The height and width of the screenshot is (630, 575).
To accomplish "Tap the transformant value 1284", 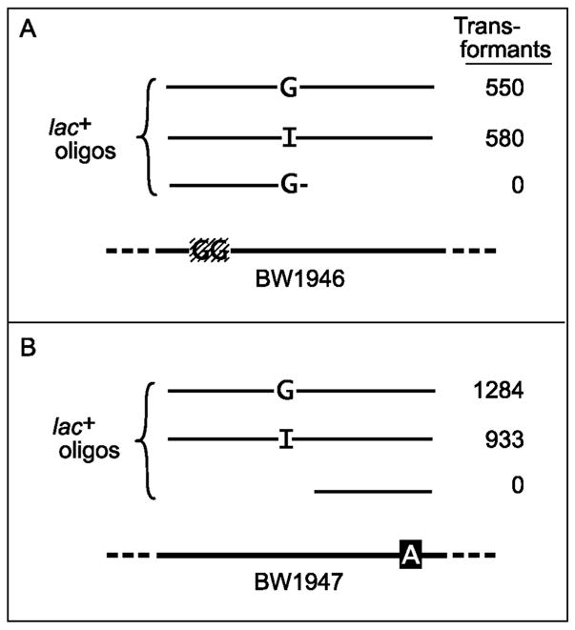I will coord(503,390).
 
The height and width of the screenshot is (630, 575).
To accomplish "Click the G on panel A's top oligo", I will coord(288,90).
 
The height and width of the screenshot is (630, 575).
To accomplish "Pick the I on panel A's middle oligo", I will coord(288,139).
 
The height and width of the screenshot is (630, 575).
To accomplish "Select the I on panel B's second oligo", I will coord(287,439).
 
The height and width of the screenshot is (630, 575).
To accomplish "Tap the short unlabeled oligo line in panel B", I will coord(373,492).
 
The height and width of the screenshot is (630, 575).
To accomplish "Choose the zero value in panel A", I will coord(517,185).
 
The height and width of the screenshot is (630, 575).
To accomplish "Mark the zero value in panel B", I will coord(517,486).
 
